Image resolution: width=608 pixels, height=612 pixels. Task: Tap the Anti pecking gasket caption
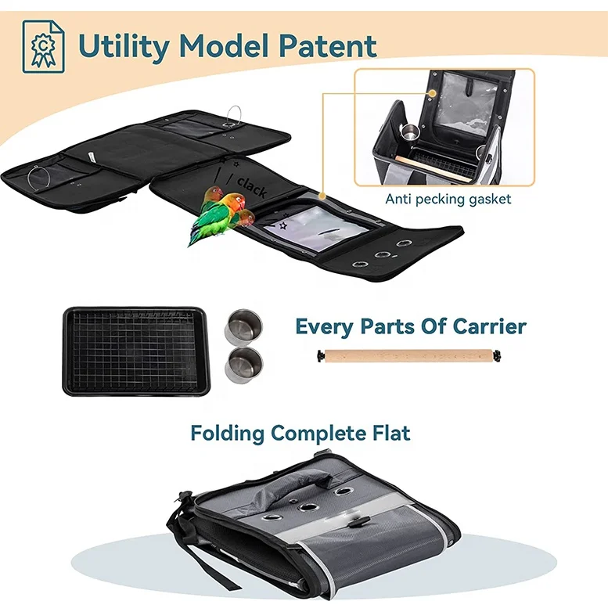[x=448, y=199]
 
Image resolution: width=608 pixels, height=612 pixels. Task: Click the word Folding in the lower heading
[x=228, y=432]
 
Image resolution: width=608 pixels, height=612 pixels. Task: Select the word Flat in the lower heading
[x=390, y=432]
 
